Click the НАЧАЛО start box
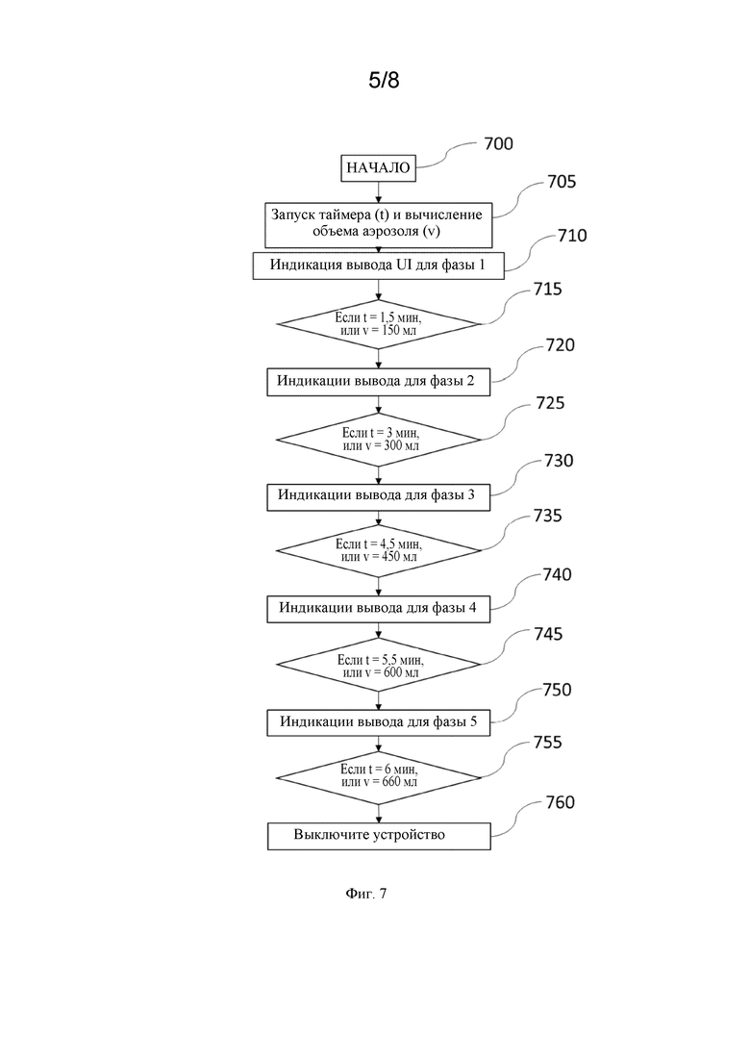378,167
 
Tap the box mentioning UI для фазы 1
378,265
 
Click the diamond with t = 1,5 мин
378,324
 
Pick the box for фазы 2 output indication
378,382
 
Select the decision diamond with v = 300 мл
378,440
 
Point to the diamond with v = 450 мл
378,551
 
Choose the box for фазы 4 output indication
378,609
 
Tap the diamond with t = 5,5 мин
378,665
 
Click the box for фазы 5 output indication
378,722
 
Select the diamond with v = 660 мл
378,777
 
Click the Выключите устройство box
378,836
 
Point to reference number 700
498,143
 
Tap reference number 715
548,289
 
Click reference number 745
548,634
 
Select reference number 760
560,802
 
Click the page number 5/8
384,81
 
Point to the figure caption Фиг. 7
366,894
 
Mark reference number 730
559,461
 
